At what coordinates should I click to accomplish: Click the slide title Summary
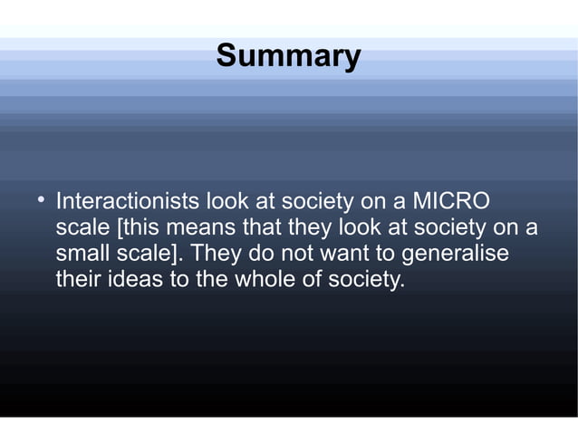[x=288, y=56]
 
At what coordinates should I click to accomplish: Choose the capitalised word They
[x=217, y=253]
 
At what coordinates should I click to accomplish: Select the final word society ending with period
[x=366, y=279]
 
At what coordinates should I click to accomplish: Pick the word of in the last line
[x=313, y=279]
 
